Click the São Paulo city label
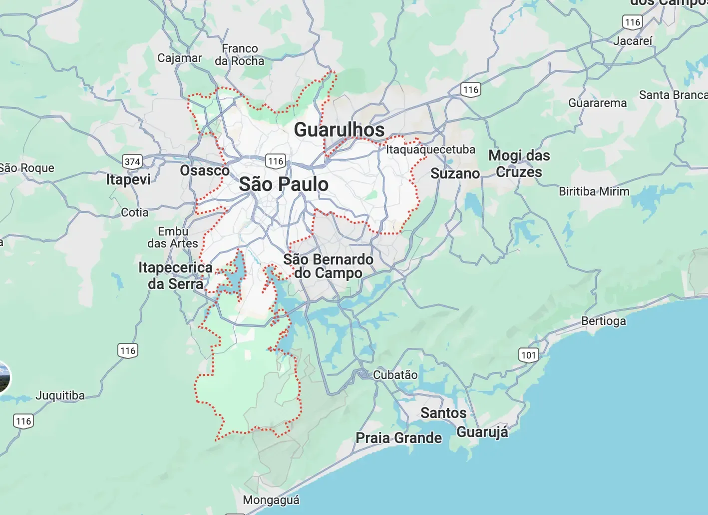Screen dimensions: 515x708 point(284,184)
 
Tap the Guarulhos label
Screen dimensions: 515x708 point(339,129)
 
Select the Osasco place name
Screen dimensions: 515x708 point(205,170)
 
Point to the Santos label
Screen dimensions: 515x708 point(443,413)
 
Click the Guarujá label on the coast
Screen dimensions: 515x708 point(482,431)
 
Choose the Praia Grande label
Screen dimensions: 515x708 point(398,438)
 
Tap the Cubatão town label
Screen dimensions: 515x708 point(395,374)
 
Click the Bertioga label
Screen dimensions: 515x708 point(603,321)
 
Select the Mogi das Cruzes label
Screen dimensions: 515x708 point(519,163)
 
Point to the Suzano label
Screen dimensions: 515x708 point(455,173)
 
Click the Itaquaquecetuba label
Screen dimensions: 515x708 point(430,149)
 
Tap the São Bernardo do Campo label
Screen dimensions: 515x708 point(328,266)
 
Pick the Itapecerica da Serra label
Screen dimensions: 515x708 point(175,275)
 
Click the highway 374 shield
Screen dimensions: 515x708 point(132,161)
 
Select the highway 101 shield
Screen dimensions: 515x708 point(529,355)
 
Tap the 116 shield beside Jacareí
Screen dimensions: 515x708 point(633,22)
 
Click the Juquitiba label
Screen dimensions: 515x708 point(60,395)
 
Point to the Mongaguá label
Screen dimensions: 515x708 point(271,500)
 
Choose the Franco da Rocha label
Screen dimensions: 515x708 point(240,54)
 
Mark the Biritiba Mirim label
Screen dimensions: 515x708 point(594,191)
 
